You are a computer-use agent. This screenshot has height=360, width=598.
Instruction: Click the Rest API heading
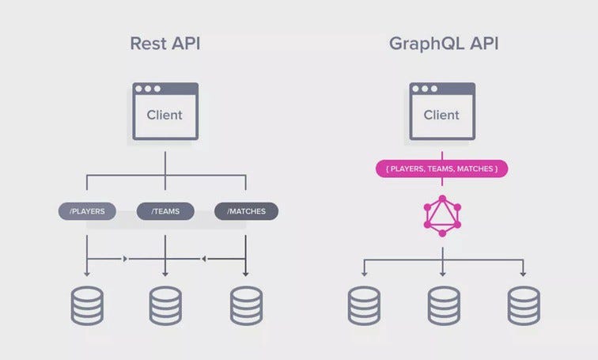pos(165,43)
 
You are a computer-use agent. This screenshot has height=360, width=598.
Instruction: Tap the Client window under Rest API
pos(165,111)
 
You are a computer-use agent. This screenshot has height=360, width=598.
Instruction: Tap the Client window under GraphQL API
pos(441,111)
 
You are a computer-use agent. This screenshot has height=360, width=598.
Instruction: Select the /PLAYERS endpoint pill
pos(87,211)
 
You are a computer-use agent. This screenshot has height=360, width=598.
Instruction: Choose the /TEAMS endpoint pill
pos(165,211)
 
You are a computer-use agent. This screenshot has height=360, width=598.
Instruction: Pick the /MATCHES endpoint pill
pos(246,211)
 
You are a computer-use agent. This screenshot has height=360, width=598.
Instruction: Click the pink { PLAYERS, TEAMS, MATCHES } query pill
pos(441,169)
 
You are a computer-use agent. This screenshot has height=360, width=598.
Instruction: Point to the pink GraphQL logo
pos(442,215)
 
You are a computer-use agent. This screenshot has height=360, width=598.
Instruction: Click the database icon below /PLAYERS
pos(87,305)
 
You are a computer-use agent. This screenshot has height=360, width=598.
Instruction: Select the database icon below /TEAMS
pos(165,305)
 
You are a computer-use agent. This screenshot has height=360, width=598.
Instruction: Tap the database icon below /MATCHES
pos(246,305)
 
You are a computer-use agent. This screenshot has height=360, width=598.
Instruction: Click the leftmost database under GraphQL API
pos(364,305)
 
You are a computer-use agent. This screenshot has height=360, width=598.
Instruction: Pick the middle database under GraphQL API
pos(444,305)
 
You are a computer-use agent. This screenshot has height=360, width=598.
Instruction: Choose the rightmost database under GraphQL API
pos(524,305)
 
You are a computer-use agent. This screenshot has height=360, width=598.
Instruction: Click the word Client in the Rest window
pos(165,115)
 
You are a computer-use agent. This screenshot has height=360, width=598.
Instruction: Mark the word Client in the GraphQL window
pos(441,115)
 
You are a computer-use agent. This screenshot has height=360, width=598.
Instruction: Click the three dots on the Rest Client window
pos(148,89)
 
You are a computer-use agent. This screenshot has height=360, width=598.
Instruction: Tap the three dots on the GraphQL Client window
pos(425,89)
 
